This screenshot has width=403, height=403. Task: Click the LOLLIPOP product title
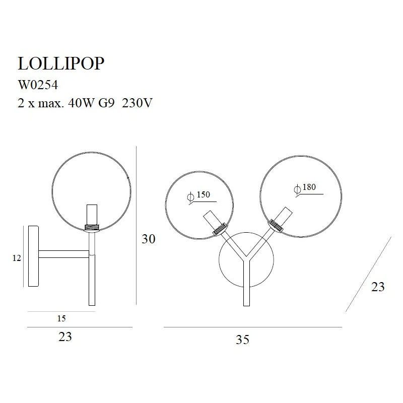click(61, 63)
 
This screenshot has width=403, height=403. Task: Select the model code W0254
click(38, 85)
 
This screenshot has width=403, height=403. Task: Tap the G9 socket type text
click(106, 103)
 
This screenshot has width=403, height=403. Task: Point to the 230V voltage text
click(137, 103)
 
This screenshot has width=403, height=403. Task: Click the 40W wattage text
click(80, 103)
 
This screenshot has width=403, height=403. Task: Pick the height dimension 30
click(149, 239)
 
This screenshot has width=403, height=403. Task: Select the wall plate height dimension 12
click(17, 258)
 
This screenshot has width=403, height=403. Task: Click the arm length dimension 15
click(61, 318)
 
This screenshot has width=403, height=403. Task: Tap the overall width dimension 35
click(243, 340)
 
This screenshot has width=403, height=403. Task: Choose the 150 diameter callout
click(204, 194)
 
